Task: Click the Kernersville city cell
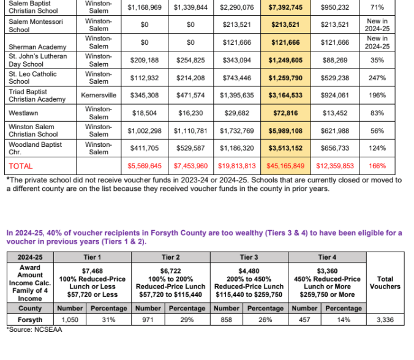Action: point(99,96)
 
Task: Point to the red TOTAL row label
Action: point(20,166)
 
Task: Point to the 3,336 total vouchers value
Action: point(385,320)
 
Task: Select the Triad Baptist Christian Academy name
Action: point(37,96)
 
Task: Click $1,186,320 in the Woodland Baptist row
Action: point(236,148)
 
